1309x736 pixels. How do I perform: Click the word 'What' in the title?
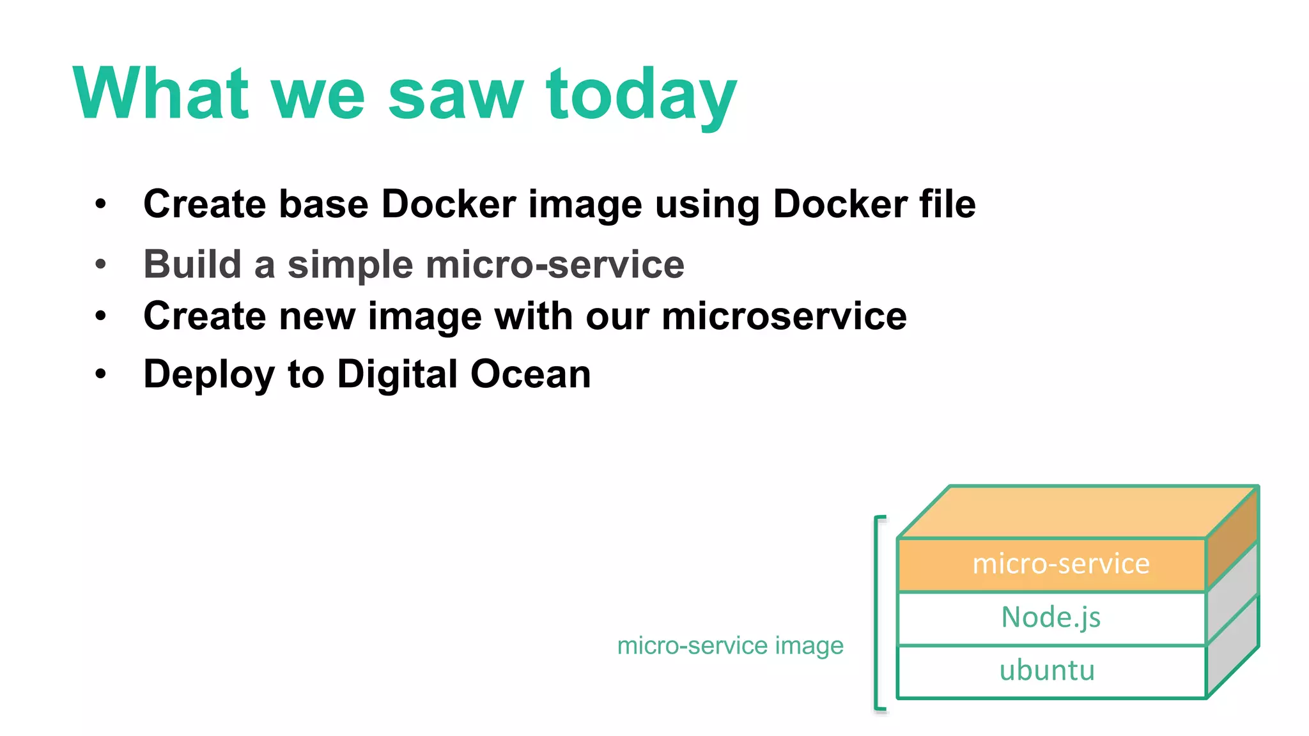(x=160, y=94)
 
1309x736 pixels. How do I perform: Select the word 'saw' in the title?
(x=456, y=96)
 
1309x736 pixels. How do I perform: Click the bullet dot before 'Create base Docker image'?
(x=100, y=204)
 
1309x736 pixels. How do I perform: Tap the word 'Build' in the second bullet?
(x=192, y=264)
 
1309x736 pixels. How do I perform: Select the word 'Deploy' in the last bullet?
(x=209, y=374)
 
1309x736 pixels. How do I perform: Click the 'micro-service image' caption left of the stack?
(x=730, y=645)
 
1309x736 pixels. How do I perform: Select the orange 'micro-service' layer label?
(x=1061, y=564)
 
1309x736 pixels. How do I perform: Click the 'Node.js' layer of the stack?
(x=1051, y=618)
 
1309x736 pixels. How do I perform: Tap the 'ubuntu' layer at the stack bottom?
(x=1047, y=671)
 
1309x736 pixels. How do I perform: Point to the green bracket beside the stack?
(x=877, y=613)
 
